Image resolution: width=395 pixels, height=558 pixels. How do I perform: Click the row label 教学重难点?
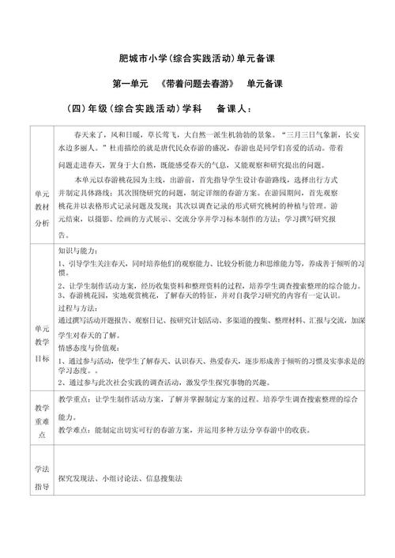[x=41, y=420]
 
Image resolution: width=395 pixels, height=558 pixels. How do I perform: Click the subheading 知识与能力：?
[x=82, y=248]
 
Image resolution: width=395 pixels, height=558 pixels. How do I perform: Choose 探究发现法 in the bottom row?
[x=77, y=478]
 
